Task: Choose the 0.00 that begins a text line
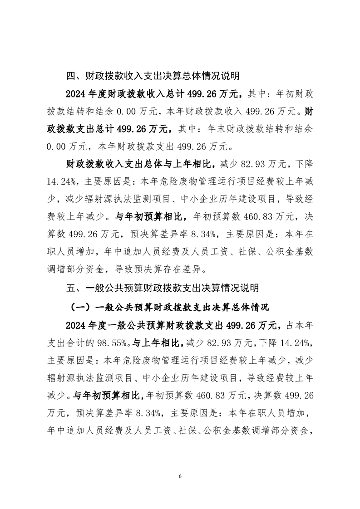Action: click(57, 147)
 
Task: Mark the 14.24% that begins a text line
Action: click(61, 181)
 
